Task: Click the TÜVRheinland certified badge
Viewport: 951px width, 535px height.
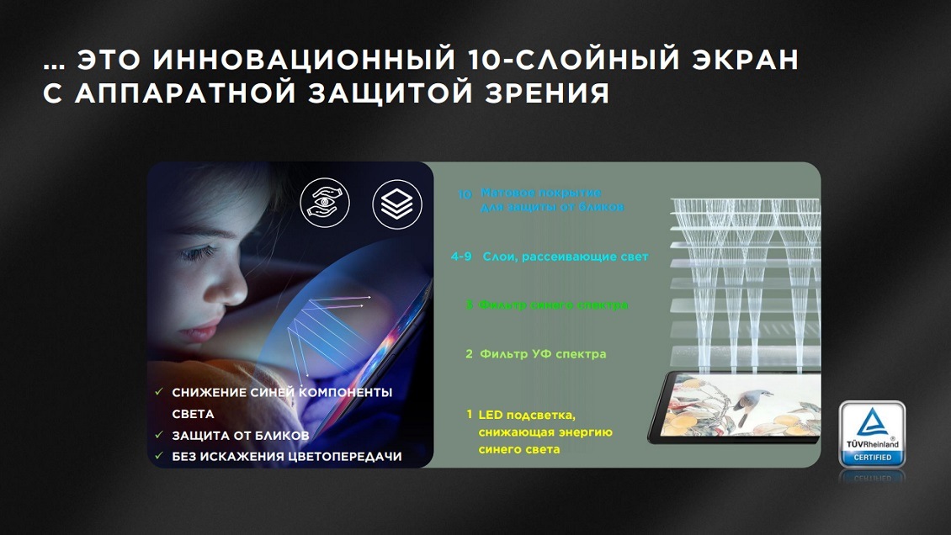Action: (x=871, y=434)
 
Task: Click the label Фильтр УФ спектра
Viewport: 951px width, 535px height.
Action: (x=543, y=354)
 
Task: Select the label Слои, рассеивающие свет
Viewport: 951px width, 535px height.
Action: (x=566, y=256)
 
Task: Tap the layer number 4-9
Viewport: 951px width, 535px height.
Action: (x=461, y=256)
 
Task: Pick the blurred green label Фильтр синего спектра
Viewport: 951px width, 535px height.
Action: (x=554, y=305)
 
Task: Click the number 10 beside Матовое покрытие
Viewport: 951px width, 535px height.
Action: (x=465, y=194)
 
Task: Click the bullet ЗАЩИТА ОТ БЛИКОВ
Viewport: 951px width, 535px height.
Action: (x=240, y=436)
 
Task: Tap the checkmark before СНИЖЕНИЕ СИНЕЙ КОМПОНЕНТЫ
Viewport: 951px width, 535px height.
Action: (x=159, y=393)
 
